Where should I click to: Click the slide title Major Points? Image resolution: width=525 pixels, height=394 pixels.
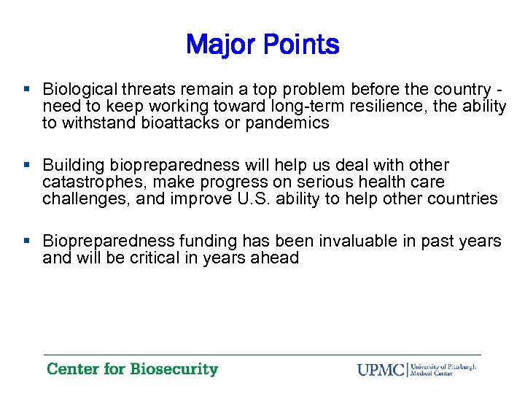click(262, 45)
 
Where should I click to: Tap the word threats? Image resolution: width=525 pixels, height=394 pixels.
click(141, 90)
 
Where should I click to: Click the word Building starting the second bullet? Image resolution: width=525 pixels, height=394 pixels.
click(71, 165)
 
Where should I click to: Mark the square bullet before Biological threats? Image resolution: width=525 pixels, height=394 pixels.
click(27, 90)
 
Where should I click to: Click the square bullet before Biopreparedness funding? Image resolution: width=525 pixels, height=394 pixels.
click(27, 241)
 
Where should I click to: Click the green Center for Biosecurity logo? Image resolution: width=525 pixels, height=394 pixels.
click(132, 369)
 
